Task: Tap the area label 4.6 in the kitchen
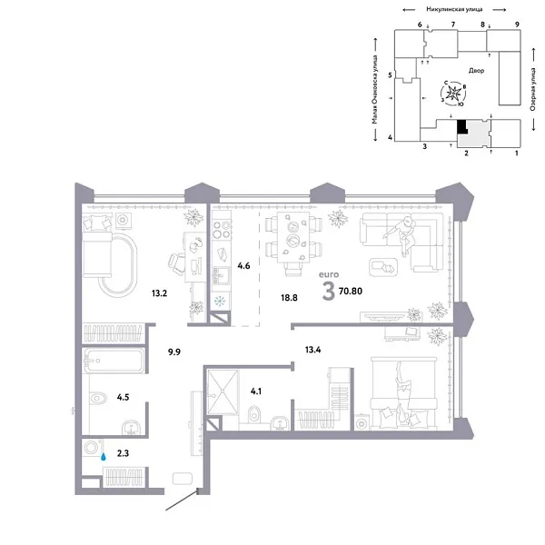point(243,266)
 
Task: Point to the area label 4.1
point(256,392)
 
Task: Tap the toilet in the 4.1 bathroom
point(255,416)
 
